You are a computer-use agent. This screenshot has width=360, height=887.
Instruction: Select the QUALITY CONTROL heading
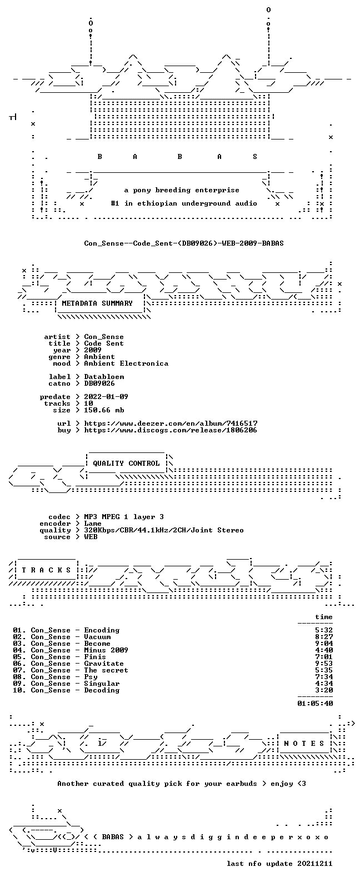point(126,464)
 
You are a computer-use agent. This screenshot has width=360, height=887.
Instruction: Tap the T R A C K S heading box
point(46,570)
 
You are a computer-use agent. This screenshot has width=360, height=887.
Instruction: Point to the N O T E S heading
point(304,743)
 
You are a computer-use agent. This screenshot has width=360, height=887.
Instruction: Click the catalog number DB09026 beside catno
point(99,383)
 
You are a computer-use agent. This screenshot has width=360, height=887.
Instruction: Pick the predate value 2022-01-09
point(106,397)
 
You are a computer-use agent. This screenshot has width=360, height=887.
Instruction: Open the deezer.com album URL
point(171,423)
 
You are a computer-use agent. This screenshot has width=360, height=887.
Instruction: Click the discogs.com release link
point(171,430)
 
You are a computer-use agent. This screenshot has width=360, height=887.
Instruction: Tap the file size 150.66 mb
point(104,410)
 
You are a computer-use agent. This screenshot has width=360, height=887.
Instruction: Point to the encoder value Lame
point(93,524)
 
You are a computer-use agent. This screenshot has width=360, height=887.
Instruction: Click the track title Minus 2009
point(106,650)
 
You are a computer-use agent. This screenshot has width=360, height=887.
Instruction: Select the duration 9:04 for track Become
point(324,644)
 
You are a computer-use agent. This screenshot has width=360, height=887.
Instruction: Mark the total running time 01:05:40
point(315,704)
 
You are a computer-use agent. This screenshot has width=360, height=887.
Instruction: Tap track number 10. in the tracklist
point(19,690)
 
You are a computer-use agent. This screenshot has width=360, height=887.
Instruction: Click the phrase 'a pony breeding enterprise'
point(182,191)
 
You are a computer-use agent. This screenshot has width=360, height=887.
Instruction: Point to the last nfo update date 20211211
point(315,864)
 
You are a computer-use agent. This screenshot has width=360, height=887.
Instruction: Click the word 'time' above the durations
point(324,617)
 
